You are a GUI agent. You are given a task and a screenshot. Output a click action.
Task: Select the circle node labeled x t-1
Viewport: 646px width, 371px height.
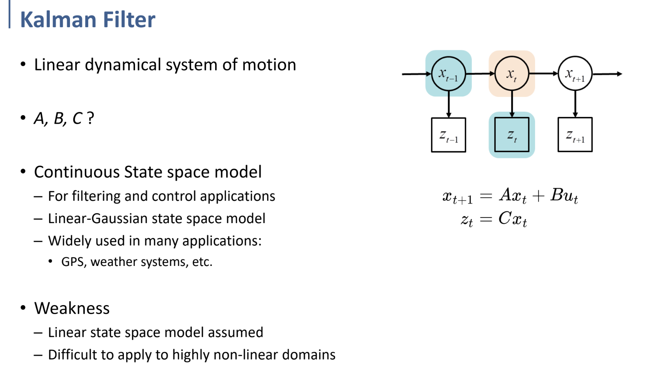(448, 73)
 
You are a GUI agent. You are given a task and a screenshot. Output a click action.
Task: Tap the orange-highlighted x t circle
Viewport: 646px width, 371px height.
(512, 73)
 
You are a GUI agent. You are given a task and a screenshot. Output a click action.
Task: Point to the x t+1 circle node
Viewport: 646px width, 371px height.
(575, 73)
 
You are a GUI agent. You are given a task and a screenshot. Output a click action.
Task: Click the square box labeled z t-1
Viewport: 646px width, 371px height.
(448, 135)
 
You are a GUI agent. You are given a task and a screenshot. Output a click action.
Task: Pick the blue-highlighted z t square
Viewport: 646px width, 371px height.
(512, 135)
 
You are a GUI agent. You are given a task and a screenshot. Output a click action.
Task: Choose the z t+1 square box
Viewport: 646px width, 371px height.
(575, 135)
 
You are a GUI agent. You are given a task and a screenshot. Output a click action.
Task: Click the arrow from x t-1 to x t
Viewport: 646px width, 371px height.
(480, 74)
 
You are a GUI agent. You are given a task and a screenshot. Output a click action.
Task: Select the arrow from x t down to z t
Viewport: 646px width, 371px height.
(512, 104)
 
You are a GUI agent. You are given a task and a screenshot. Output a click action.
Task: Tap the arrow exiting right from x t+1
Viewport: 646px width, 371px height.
(607, 74)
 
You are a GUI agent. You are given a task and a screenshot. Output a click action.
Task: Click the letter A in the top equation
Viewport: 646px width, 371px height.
(506, 194)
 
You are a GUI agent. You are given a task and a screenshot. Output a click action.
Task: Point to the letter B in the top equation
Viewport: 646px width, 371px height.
(557, 194)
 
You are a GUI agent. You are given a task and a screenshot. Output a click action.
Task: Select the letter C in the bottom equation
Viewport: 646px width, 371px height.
(505, 218)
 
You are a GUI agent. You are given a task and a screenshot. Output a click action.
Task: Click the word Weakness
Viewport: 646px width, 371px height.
(72, 308)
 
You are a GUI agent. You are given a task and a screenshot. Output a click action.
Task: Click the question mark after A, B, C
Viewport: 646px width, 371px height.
(90, 118)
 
